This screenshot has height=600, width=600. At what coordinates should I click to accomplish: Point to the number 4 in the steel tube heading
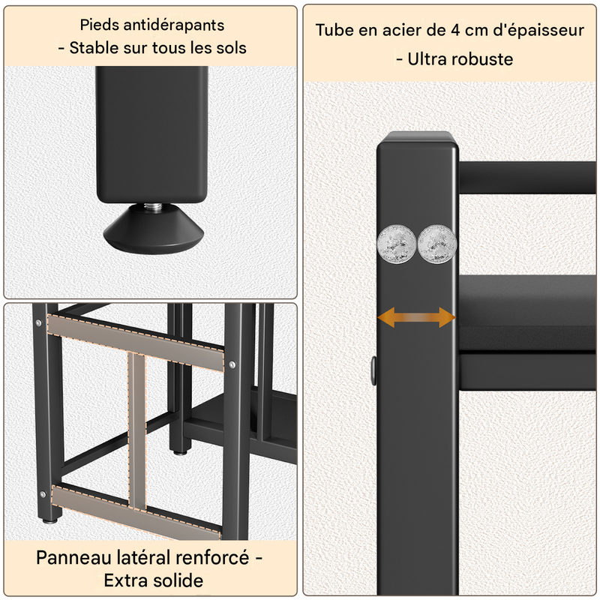[x=455, y=30]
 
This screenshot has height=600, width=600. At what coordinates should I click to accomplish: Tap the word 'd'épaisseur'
[x=538, y=31]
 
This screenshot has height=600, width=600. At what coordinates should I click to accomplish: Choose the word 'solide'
[x=178, y=580]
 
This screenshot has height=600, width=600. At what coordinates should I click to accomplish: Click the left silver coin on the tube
[x=397, y=244]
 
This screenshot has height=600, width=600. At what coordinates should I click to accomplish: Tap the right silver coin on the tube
[x=437, y=244]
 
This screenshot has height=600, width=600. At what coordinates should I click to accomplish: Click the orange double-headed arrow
[x=416, y=317]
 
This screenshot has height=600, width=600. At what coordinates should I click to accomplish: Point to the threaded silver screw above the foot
[x=153, y=207]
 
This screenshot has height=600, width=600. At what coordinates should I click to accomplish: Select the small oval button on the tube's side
[x=373, y=370]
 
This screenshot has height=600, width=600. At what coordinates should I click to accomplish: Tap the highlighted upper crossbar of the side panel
[x=136, y=343]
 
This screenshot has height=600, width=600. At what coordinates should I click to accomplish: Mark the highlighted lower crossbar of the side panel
[x=136, y=511]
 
